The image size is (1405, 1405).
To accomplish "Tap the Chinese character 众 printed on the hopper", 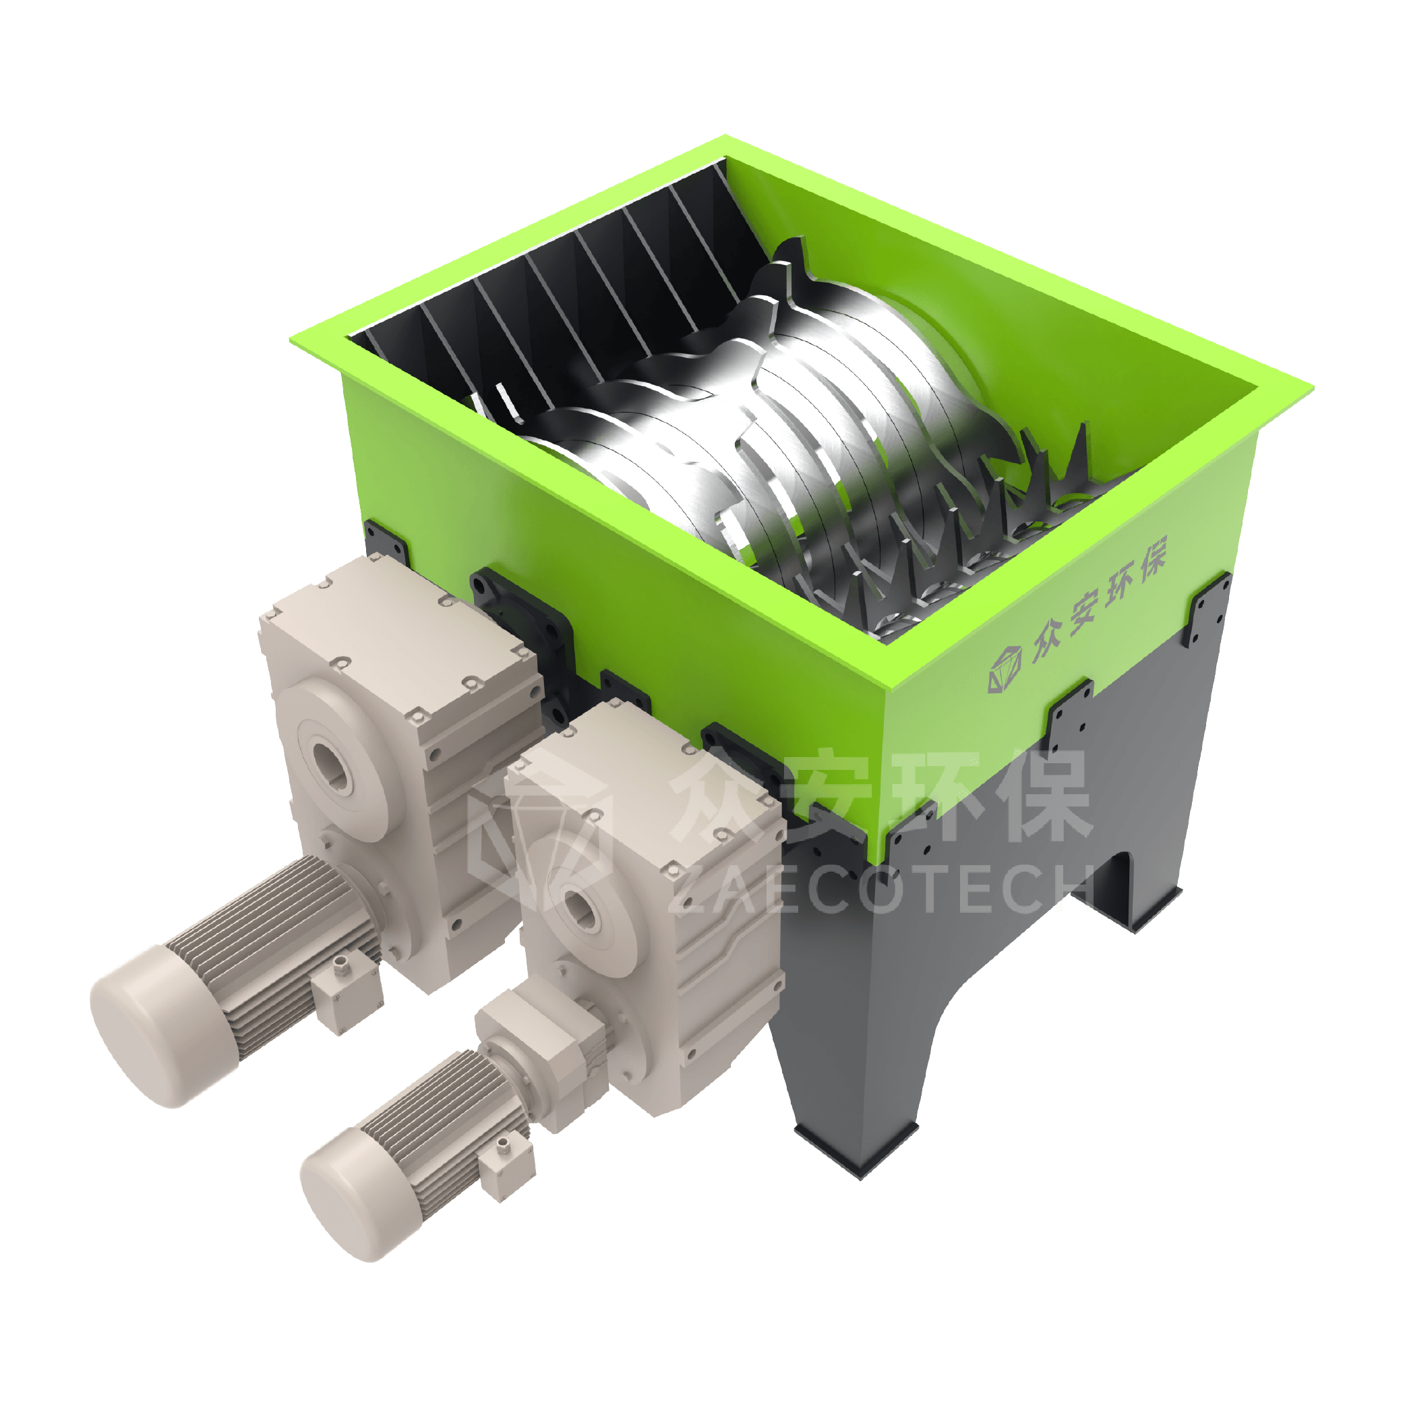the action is [x=1044, y=640].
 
